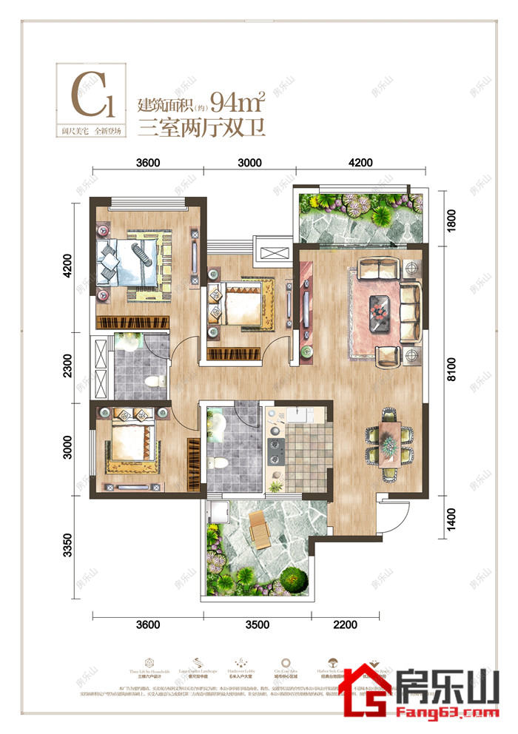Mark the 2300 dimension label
pyautogui.click(x=67, y=368)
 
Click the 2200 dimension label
pyautogui.click(x=345, y=624)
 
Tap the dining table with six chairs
pyautogui.click(x=388, y=442)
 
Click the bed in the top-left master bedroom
pyautogui.click(x=132, y=261)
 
